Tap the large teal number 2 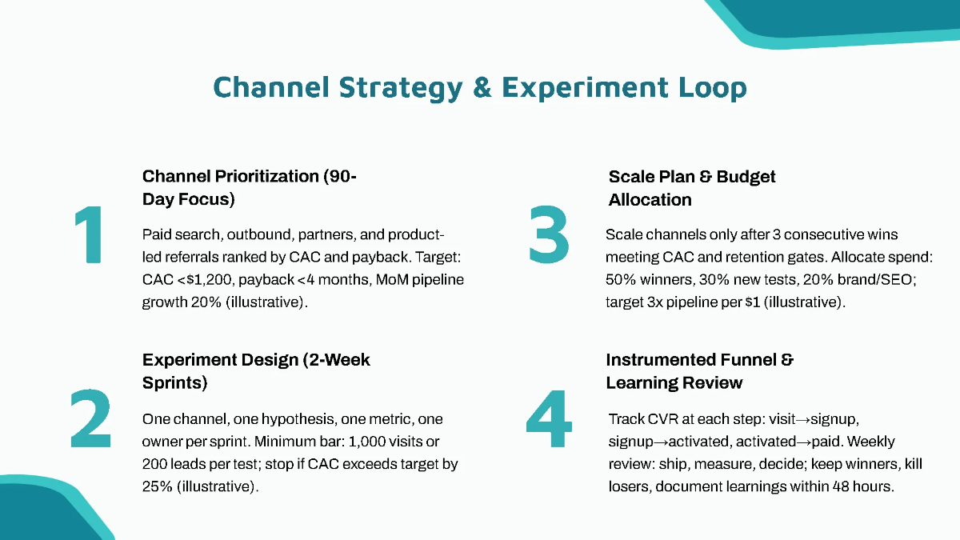pyautogui.click(x=90, y=418)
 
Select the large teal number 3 pyautogui.click(x=549, y=234)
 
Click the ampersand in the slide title pyautogui.click(x=482, y=87)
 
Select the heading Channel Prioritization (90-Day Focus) pyautogui.click(x=249, y=188)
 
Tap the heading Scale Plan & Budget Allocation pyautogui.click(x=692, y=188)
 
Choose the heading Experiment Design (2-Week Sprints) pyautogui.click(x=256, y=371)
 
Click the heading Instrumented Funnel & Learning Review pyautogui.click(x=699, y=371)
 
